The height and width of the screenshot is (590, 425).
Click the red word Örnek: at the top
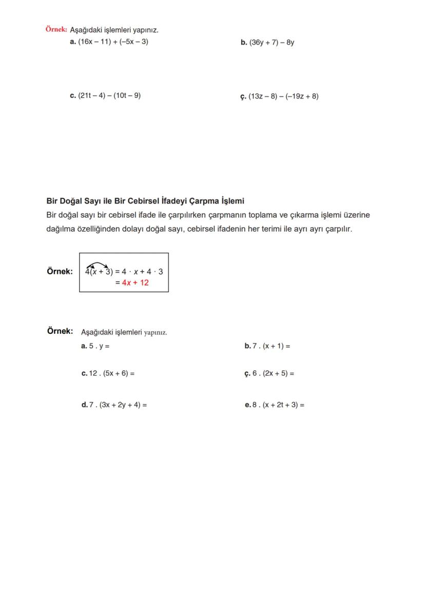[x=56, y=30]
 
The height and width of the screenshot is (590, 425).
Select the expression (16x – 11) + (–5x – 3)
[x=113, y=42]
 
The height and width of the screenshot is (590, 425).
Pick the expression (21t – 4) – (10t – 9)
[x=109, y=95]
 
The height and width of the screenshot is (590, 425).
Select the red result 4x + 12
[x=136, y=282]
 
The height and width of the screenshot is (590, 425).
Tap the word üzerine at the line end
[x=355, y=215]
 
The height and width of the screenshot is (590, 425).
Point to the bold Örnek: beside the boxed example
[x=60, y=272]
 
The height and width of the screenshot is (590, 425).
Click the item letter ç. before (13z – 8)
[x=243, y=96]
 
